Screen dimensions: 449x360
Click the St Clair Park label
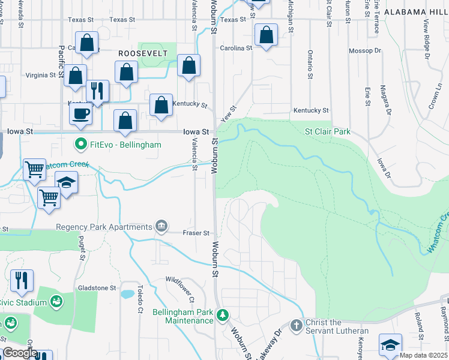pos(327,131)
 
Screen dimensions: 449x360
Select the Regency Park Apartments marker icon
pos(161,226)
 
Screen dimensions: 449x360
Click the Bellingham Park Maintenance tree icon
pos(223,314)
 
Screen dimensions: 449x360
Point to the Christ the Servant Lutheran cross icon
pos(296,325)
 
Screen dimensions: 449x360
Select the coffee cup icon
pos(80,113)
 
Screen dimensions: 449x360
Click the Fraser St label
pos(196,233)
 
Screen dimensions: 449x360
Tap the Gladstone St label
pos(97,288)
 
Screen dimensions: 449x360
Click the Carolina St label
pos(235,48)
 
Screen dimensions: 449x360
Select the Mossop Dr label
pos(365,51)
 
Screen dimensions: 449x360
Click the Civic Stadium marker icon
pos(57,301)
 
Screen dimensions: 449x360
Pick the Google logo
pos(20,353)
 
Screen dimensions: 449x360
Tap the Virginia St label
pos(40,76)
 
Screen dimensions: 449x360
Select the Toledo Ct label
pos(139,300)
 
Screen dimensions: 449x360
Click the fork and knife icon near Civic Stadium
pos(22,281)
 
